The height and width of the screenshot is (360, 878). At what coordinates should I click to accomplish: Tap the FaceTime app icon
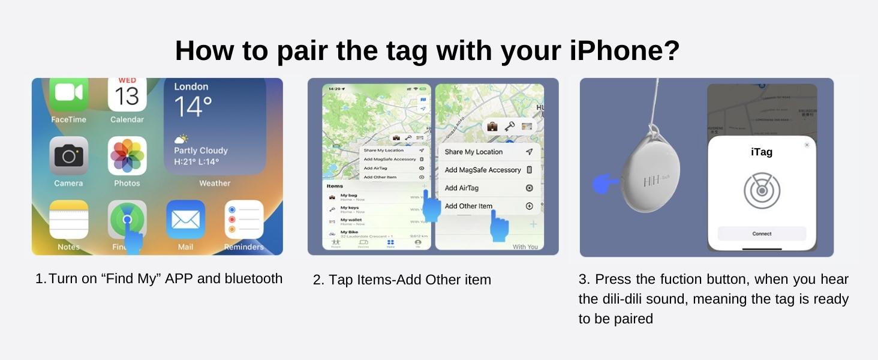point(68,94)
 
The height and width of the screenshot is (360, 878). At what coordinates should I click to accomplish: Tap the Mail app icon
point(185,220)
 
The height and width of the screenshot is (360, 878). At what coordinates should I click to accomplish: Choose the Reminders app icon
point(244,220)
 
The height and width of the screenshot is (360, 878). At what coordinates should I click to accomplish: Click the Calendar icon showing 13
point(127,94)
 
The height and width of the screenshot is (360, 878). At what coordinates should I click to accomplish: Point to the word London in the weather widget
point(191,87)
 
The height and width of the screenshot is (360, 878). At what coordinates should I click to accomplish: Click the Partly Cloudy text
point(200,151)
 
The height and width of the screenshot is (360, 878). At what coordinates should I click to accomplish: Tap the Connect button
point(762,234)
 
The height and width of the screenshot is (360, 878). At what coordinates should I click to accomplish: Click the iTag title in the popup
point(762,152)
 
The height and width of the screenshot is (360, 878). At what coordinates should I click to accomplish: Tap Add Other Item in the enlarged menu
point(468,206)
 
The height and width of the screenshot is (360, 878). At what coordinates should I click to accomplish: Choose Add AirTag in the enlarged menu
point(462,188)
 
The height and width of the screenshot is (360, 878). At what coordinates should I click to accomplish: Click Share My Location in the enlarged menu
point(474,152)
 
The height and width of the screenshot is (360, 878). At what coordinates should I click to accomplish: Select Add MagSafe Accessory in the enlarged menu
point(483,170)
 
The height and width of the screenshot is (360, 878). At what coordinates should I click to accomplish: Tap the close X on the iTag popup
point(807,145)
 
